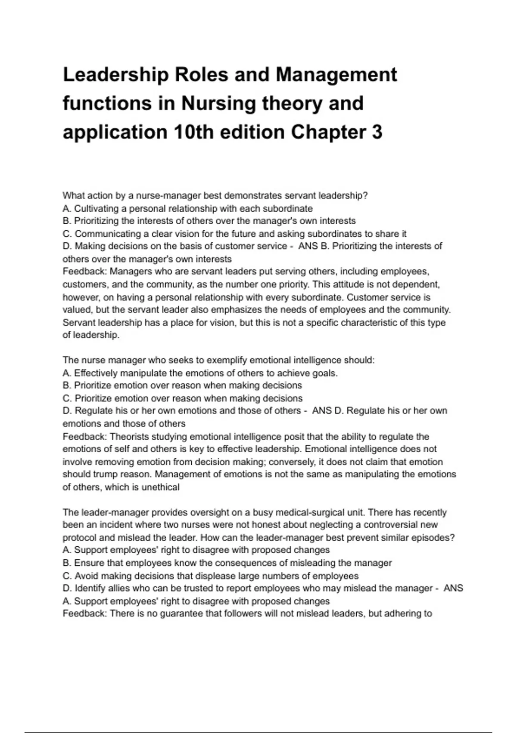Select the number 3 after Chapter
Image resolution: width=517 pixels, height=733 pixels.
(377, 132)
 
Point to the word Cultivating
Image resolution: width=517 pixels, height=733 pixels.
(96, 209)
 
